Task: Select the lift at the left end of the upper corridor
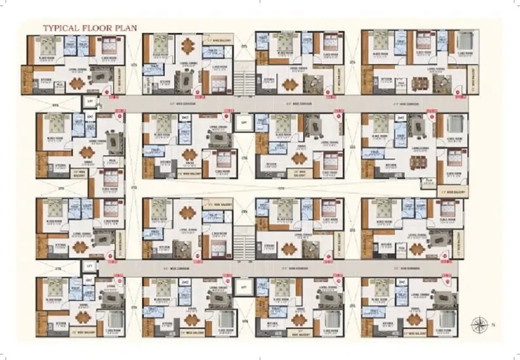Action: point(88,102)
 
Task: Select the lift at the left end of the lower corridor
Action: point(88,267)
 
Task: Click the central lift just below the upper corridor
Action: point(243,122)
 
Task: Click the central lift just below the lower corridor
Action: point(243,287)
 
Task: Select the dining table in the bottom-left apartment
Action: point(82,316)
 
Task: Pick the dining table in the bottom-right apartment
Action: point(412,317)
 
